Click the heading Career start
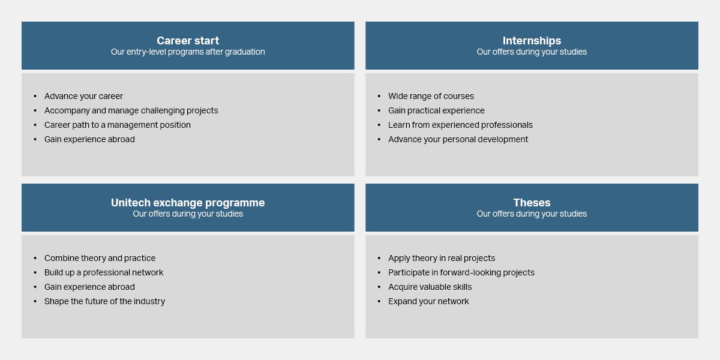tap(188, 41)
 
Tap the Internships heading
tap(532, 41)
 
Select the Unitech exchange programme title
tap(188, 203)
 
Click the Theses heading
tap(532, 203)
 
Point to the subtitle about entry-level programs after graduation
tap(188, 52)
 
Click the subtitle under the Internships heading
tap(532, 52)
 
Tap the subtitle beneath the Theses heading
tap(532, 214)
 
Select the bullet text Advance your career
tap(83, 96)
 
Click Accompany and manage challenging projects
tap(131, 110)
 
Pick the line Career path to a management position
tap(118, 125)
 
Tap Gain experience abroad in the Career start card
tap(89, 139)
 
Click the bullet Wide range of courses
tap(431, 96)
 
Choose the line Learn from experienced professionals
tap(460, 125)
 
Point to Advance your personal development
tap(458, 139)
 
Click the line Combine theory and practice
tap(100, 258)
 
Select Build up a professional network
tap(104, 272)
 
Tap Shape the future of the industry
tap(104, 301)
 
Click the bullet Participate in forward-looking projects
tap(461, 272)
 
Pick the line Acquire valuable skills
tap(430, 287)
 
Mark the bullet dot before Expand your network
tap(379, 301)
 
